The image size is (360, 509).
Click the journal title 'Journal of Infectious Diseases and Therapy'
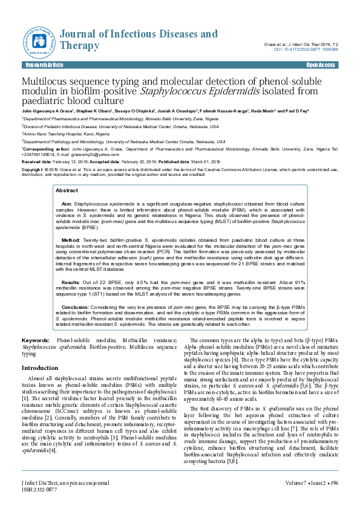coord(139,39)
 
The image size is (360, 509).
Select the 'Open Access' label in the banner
coord(321,65)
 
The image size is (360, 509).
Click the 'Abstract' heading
coord(67,190)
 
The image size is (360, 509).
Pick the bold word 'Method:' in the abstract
coord(71,239)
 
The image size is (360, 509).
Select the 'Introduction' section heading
coord(40,368)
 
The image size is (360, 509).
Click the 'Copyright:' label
coord(33,170)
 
